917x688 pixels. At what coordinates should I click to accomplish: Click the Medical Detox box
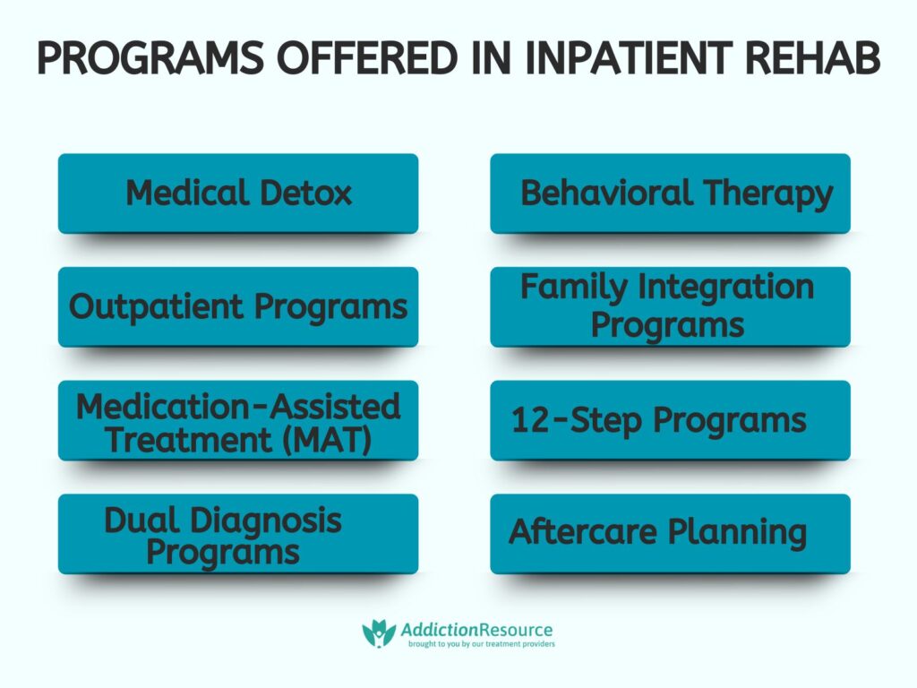click(238, 193)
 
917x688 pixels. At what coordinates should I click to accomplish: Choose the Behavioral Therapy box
click(670, 193)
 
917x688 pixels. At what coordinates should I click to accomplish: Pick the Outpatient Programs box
click(238, 307)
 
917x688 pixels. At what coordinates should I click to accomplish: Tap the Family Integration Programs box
click(670, 307)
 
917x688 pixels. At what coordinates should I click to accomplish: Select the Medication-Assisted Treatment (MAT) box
click(238, 421)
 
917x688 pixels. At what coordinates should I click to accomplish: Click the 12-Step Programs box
click(670, 421)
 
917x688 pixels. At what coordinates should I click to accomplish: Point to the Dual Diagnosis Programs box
click(238, 534)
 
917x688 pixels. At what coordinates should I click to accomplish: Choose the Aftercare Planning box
click(670, 534)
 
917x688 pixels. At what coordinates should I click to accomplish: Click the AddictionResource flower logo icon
click(379, 632)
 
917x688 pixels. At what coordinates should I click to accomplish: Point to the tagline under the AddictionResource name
click(480, 644)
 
